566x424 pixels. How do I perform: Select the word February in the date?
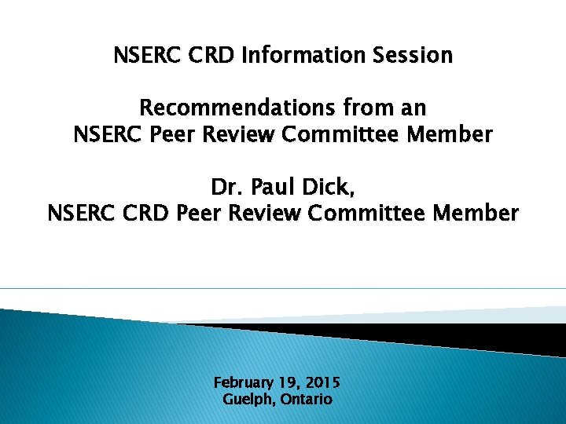pos(243,383)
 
